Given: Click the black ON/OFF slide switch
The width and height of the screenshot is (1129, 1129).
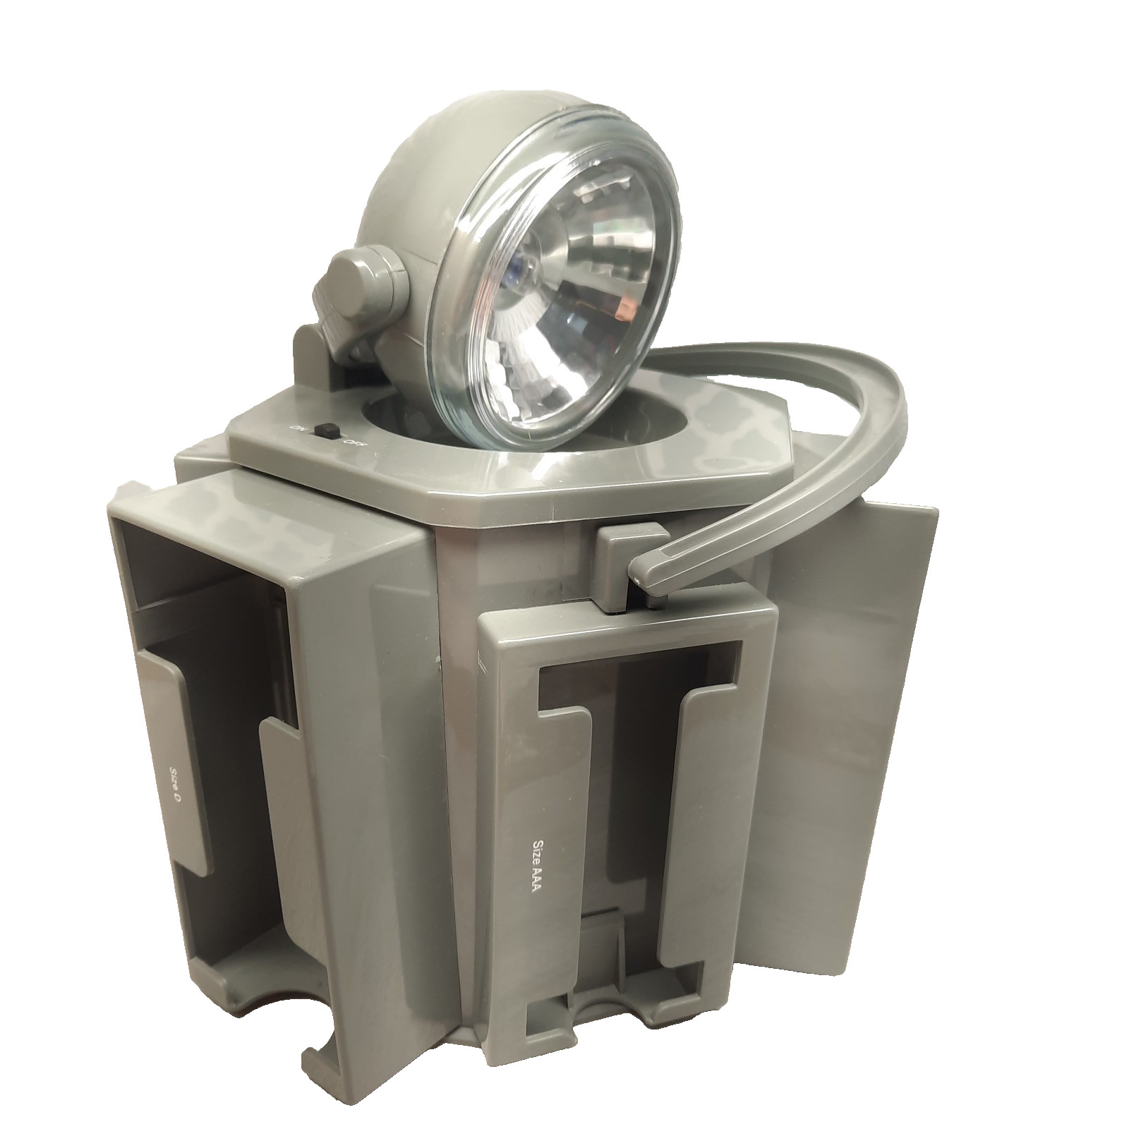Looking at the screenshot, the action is tap(327, 430).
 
